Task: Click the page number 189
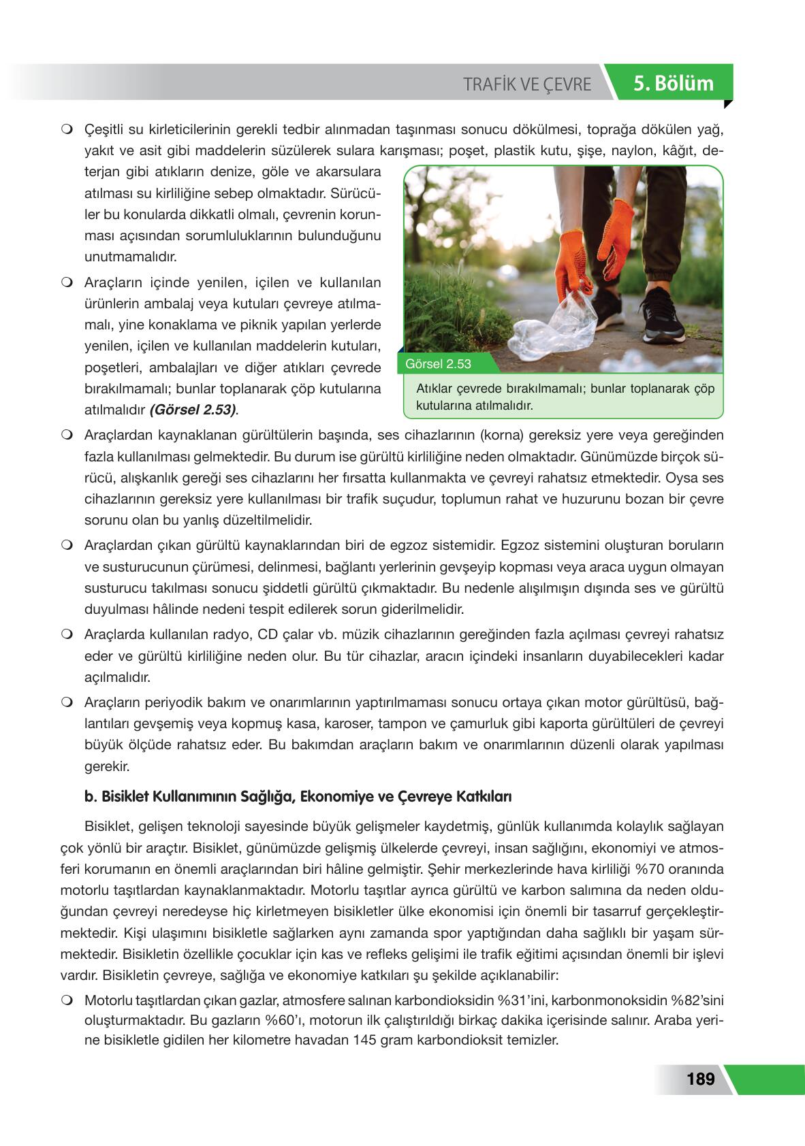pos(700,1079)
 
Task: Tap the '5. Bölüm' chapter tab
pos(673,84)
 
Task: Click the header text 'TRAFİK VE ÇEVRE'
pos(527,84)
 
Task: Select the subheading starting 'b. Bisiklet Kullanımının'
pos(298,796)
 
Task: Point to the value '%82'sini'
pos(696,1000)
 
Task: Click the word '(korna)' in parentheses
pos(502,435)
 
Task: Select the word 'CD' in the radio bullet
pos(270,635)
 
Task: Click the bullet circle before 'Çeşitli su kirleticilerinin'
pos(66,129)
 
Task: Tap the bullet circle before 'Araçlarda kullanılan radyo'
pos(66,635)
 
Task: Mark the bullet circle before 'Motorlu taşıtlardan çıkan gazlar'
pos(66,1000)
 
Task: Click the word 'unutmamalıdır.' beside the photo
pos(121,257)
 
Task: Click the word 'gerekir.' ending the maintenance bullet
pos(106,766)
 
